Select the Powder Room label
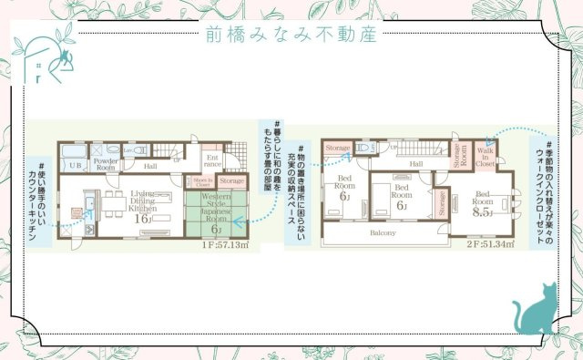tap(106, 164)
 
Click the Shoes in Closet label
tap(203, 182)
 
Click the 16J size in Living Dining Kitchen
tap(142, 219)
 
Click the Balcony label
tap(383, 232)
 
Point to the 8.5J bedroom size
tap(484, 211)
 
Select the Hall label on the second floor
tap(415, 164)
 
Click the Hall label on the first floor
tap(149, 167)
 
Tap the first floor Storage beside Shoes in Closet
tap(231, 182)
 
